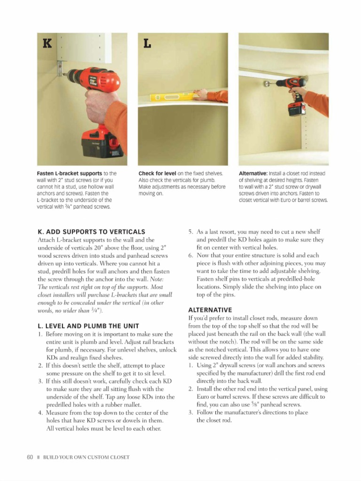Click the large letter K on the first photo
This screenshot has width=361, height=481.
[x=47, y=44]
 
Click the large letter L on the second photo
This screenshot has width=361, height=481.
[x=147, y=44]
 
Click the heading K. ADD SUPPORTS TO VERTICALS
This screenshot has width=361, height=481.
[x=91, y=232]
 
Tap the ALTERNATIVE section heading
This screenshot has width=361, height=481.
[x=210, y=310]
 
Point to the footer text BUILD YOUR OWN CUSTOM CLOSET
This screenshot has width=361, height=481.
[x=86, y=457]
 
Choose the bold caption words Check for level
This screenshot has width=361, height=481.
[x=157, y=174]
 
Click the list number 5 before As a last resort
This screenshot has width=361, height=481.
[x=191, y=232]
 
